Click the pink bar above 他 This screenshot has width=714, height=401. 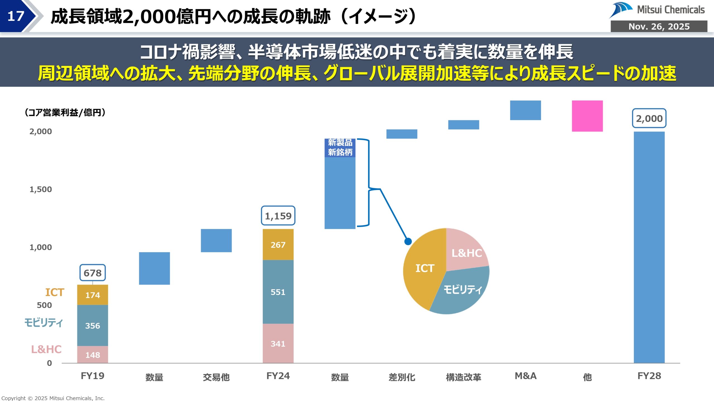(587, 116)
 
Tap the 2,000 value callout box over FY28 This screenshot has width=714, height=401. (649, 118)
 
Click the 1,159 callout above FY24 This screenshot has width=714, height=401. (278, 216)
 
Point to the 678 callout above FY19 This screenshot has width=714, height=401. (93, 273)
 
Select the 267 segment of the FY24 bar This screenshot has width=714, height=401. (278, 245)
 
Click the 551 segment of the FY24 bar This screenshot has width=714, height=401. (278, 292)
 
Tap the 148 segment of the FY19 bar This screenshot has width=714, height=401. (93, 355)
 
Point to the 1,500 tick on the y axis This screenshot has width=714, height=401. (41, 189)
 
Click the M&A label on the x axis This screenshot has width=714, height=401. (525, 376)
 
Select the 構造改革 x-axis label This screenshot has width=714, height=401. (464, 377)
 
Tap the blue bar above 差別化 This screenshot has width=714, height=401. (402, 134)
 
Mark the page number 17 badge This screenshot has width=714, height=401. (16, 16)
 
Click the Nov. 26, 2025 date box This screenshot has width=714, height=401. (659, 26)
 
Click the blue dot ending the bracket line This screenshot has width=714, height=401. (408, 241)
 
